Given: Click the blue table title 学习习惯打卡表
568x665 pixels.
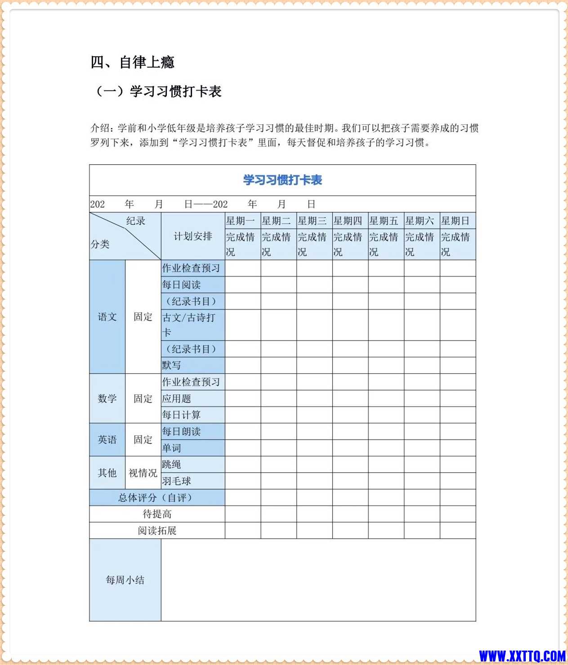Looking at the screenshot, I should pyautogui.click(x=282, y=180).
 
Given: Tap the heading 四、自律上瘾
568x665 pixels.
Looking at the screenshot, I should pyautogui.click(x=132, y=62).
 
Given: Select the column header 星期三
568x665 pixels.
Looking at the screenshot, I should pyautogui.click(x=312, y=221).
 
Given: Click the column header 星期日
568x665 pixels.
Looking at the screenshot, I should pyautogui.click(x=455, y=221).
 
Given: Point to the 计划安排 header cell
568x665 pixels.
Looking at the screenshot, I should pyautogui.click(x=193, y=236).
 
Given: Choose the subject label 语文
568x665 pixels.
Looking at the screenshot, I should pyautogui.click(x=107, y=317).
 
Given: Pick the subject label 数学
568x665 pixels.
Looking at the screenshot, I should pyautogui.click(x=107, y=398).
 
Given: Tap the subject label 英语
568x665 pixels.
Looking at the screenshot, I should pyautogui.click(x=107, y=439).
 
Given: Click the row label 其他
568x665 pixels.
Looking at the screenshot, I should pyautogui.click(x=107, y=473).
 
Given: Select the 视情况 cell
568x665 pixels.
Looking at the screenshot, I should pyautogui.click(x=143, y=473).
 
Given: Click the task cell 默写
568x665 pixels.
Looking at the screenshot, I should pyautogui.click(x=172, y=365).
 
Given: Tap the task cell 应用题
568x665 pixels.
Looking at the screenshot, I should pyautogui.click(x=177, y=398).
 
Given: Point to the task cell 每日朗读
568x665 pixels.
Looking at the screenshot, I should pyautogui.click(x=182, y=431).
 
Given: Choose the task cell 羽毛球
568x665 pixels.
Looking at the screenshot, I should pyautogui.click(x=177, y=481).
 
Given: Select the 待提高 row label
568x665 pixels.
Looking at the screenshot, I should pyautogui.click(x=157, y=514).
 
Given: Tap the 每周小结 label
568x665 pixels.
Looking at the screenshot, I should pyautogui.click(x=125, y=580).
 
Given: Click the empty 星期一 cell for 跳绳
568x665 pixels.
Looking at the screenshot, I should pyautogui.click(x=243, y=464).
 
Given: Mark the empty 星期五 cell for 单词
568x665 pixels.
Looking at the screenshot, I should pyautogui.click(x=386, y=448).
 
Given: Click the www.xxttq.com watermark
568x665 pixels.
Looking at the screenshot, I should pyautogui.click(x=522, y=656).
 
